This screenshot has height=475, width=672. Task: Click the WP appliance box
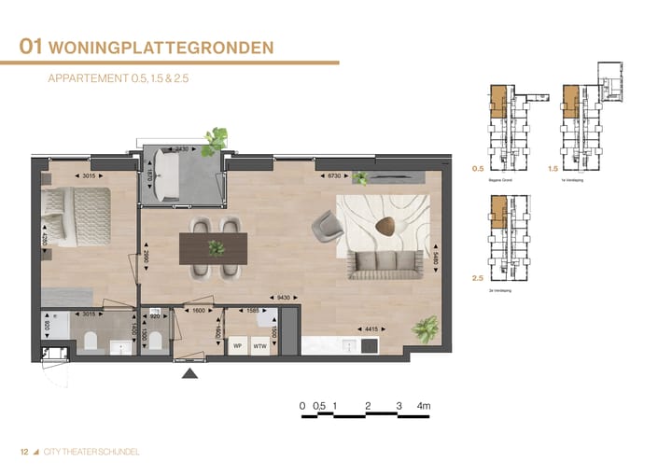point(237,345)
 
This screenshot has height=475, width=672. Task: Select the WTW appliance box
point(260,345)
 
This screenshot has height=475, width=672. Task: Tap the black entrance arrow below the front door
point(190,373)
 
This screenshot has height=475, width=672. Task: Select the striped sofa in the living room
point(384,264)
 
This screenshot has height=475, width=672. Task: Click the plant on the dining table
point(217,248)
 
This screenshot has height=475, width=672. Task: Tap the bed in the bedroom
point(75,213)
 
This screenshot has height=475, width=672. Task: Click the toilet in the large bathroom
point(91,344)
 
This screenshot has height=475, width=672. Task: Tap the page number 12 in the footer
point(24,452)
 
